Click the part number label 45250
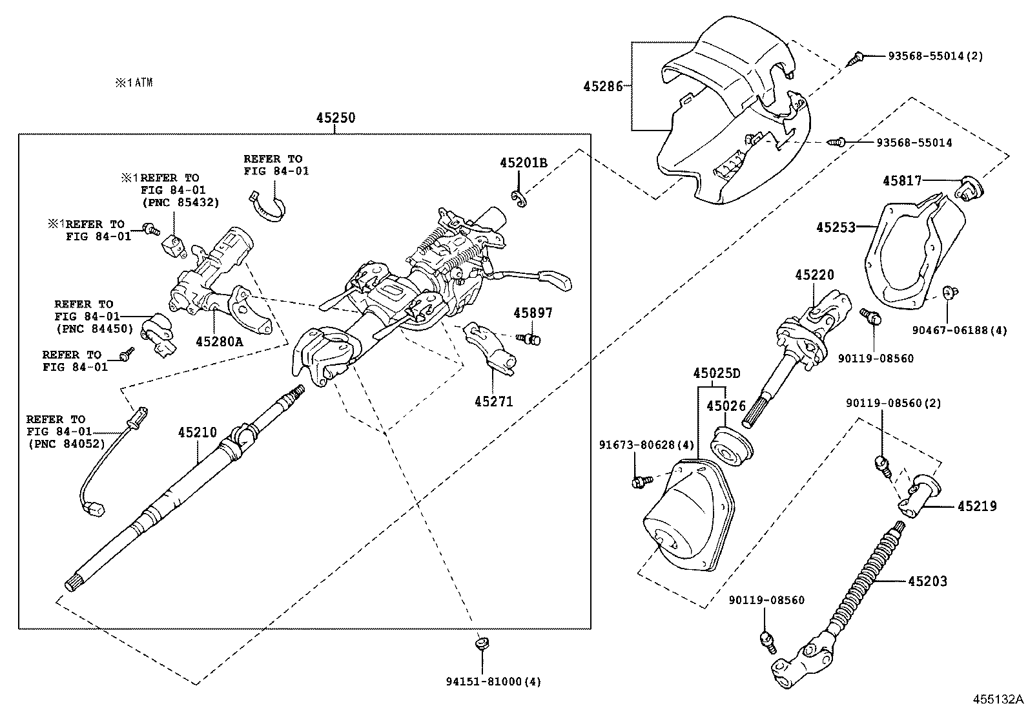point(335,118)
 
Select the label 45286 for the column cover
point(602,86)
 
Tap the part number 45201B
point(523,163)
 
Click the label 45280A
point(219,341)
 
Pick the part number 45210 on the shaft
point(197,432)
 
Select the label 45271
point(493,402)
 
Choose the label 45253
point(835,227)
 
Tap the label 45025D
point(717,373)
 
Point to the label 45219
point(976,506)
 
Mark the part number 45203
point(927,581)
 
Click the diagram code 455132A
point(999,700)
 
